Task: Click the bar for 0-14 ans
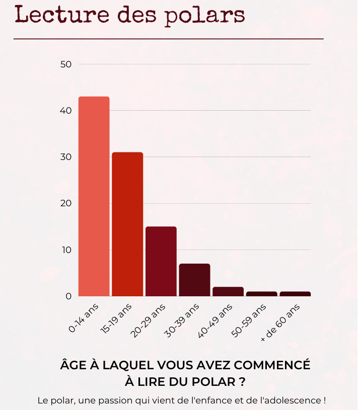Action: (94, 196)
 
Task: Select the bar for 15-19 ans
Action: (127, 224)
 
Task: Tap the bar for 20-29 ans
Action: (161, 261)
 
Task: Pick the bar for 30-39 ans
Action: (194, 280)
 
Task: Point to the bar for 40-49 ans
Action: (228, 291)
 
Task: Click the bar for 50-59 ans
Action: (262, 294)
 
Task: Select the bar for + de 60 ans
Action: (295, 294)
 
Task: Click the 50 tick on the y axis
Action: (66, 64)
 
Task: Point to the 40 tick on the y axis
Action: (66, 111)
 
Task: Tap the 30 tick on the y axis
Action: (66, 157)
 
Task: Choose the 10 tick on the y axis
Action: (66, 250)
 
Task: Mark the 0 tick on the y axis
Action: (68, 296)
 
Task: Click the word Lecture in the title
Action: (55, 15)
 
